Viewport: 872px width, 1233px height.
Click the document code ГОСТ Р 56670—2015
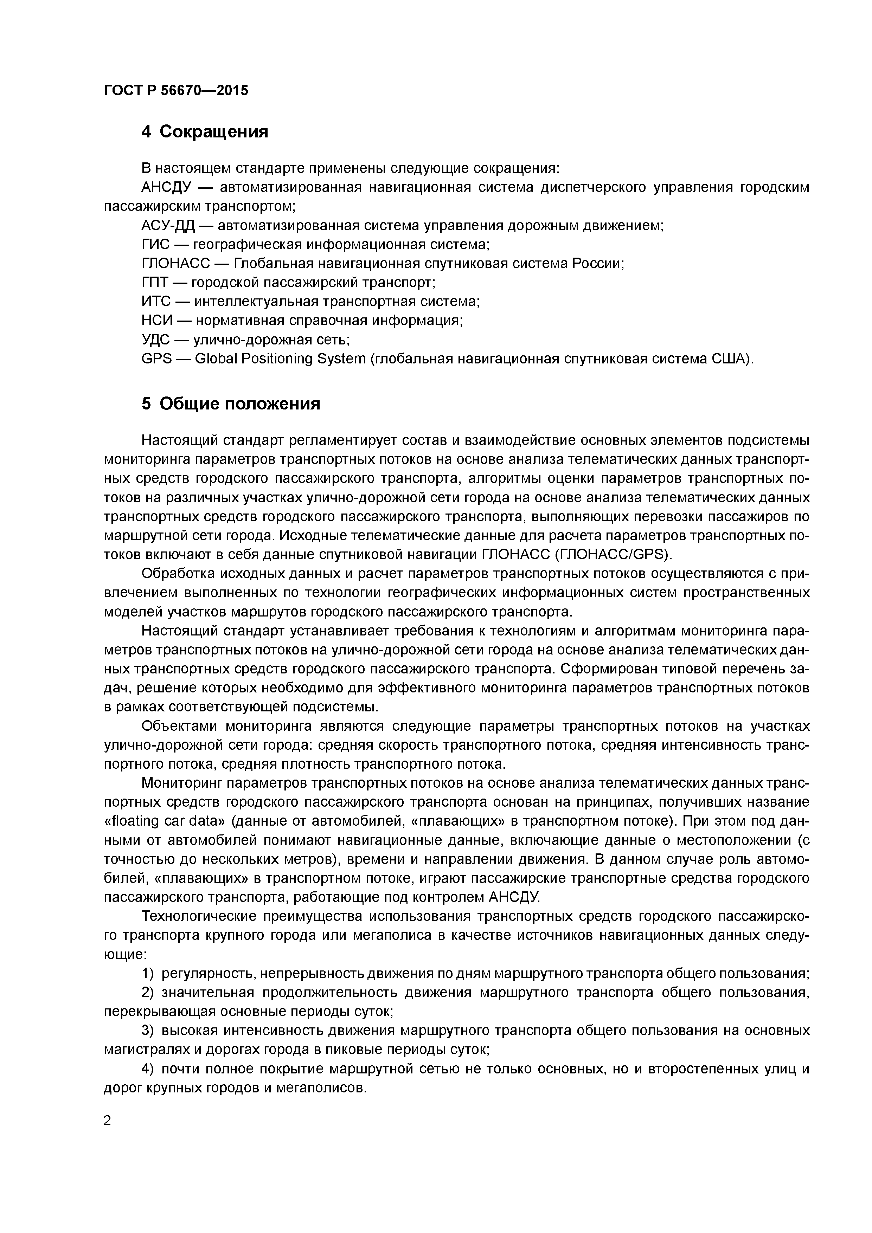click(176, 90)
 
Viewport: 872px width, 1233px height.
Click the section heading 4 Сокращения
click(204, 131)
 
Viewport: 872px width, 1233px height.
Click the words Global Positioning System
click(280, 359)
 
